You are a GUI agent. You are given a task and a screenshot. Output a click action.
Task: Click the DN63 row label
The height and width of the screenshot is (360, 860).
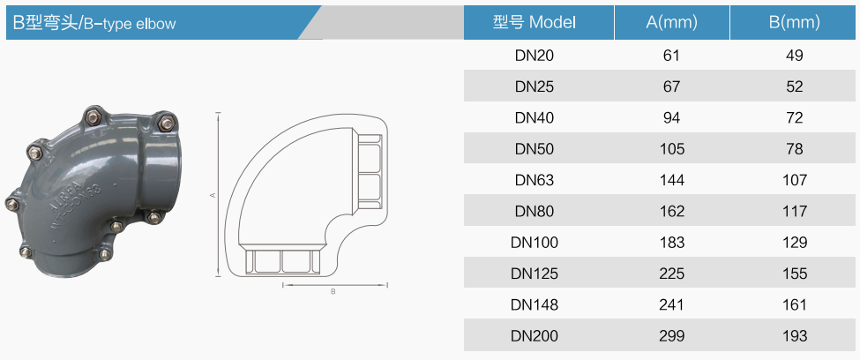535,180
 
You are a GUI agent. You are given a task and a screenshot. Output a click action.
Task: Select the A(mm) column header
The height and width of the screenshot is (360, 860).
672,23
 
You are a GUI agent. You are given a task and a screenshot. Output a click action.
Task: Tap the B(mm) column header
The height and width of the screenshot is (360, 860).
794,23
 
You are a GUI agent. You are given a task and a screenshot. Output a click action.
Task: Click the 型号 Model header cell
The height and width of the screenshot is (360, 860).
535,23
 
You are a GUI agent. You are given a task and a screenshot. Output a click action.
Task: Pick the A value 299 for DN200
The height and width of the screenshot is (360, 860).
672,335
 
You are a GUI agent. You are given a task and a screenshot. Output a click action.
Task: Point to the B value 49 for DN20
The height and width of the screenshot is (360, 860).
794,56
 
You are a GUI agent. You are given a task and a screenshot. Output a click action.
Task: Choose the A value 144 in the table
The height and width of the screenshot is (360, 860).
672,180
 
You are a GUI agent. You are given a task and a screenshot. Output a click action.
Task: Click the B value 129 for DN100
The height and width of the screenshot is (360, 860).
794,242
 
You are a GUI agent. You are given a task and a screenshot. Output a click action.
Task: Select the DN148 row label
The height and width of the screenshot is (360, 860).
535,304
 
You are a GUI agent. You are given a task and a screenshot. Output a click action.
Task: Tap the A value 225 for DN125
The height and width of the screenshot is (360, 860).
672,274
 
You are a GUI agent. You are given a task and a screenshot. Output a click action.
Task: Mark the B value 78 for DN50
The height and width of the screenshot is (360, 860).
794,149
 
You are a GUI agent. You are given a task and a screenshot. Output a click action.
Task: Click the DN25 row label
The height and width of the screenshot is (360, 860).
535,86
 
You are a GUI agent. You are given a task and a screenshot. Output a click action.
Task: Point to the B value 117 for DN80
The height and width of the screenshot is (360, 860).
794,211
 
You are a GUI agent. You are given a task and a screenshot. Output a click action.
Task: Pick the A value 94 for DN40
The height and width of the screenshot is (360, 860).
672,118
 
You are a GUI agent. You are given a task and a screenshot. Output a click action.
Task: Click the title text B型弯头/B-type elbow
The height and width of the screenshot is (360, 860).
93,23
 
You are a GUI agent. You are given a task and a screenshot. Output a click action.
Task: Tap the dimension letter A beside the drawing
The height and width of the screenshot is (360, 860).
213,195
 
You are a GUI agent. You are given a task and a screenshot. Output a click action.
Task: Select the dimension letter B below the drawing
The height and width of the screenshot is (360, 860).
333,292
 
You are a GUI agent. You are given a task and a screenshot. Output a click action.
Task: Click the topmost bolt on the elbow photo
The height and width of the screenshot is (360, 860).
93,116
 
